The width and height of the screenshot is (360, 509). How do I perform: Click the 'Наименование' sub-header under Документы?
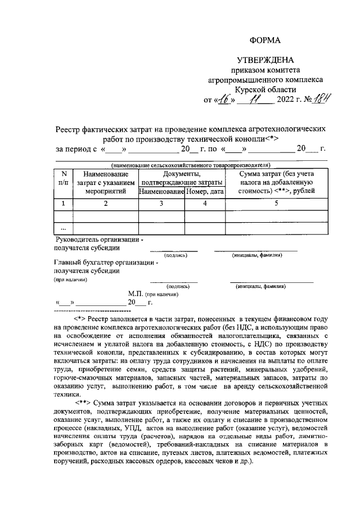click(x=161, y=191)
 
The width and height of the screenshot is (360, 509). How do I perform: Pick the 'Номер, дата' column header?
click(x=205, y=191)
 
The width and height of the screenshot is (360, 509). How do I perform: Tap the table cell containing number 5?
click(x=276, y=203)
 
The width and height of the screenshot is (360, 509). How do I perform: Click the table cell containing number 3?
click(x=161, y=203)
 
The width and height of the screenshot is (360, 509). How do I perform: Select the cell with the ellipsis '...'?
click(x=63, y=228)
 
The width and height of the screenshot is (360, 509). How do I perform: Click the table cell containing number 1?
click(x=63, y=203)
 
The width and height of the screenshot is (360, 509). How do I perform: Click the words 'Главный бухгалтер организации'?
click(x=106, y=262)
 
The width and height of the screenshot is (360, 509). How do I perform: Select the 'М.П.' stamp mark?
click(x=136, y=294)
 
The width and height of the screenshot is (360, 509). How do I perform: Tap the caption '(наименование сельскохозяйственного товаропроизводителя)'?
click(x=191, y=165)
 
